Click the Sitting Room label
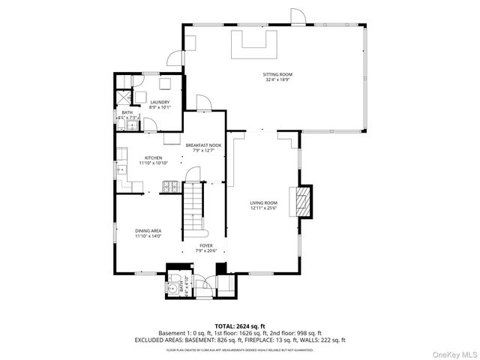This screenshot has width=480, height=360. pos(277,74)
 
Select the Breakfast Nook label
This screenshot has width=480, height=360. pos(204,145)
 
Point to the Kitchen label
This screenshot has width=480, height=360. pos(154,157)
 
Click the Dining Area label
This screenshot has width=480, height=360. pos(148,231)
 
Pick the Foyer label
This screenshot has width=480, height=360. pos(205,245)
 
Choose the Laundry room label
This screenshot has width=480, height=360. pos(160,102)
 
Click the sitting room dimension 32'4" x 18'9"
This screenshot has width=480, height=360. pos(277,79)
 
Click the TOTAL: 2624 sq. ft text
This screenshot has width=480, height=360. pos(240,326)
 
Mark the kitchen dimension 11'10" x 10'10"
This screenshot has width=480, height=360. pos(153,163)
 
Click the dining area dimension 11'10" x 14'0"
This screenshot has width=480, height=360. pos(148,236)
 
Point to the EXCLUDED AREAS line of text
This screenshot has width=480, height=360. pos(240,339)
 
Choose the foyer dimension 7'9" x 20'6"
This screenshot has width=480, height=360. pos(205,250)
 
